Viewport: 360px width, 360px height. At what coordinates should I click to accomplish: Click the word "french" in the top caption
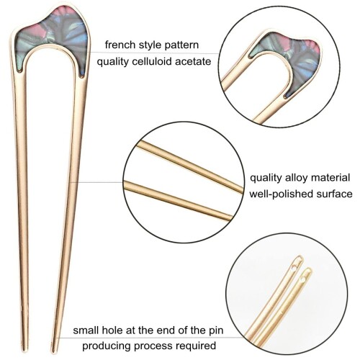click(x=118, y=45)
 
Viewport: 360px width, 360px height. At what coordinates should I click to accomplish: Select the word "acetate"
click(x=193, y=62)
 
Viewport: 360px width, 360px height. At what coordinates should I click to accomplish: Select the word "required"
click(x=196, y=346)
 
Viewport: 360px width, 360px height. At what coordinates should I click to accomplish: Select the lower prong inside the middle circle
click(x=178, y=199)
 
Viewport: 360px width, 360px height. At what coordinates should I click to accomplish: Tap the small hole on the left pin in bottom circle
click(x=294, y=266)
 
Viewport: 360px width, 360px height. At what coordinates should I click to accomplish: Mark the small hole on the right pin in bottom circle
click(x=302, y=279)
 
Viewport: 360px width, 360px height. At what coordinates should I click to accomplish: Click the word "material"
click(x=330, y=178)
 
